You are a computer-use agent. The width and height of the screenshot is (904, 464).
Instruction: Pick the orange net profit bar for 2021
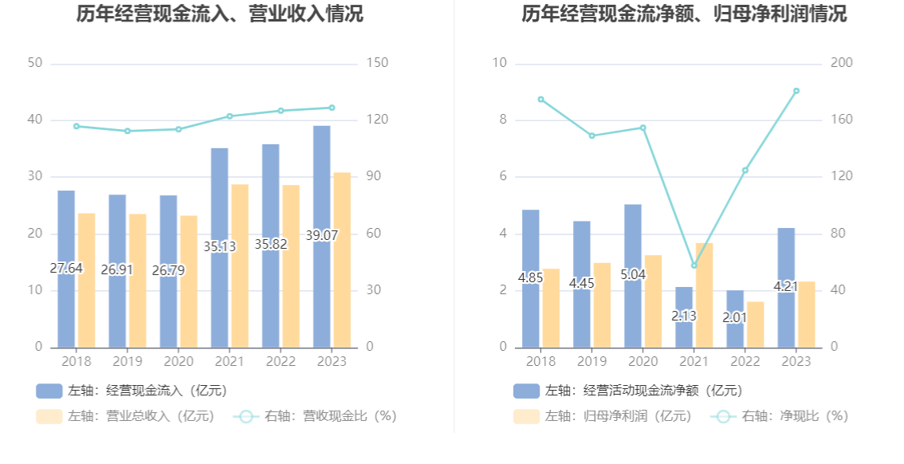[704, 295]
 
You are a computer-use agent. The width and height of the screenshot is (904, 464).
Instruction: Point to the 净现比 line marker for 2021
[694, 265]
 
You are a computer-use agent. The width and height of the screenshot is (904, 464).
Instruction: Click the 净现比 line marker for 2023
[796, 91]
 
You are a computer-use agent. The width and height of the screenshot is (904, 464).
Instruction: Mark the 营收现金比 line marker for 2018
[77, 126]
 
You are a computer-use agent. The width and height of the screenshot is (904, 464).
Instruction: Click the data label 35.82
[271, 245]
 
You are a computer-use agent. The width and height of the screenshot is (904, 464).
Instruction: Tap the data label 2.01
[735, 317]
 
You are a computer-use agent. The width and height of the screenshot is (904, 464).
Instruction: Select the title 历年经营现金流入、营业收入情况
[220, 14]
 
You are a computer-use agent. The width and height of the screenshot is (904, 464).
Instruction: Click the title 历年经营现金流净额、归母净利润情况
[684, 14]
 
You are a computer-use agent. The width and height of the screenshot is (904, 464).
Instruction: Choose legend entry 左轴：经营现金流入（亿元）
[132, 391]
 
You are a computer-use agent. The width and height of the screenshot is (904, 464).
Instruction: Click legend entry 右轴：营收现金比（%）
[315, 416]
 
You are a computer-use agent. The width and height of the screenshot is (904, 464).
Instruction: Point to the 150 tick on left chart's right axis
[376, 63]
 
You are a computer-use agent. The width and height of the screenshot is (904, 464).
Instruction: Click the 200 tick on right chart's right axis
[842, 63]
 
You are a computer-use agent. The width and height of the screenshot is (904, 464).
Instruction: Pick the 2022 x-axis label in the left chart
[280, 362]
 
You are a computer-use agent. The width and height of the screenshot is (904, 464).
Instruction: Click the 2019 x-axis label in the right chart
[592, 362]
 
